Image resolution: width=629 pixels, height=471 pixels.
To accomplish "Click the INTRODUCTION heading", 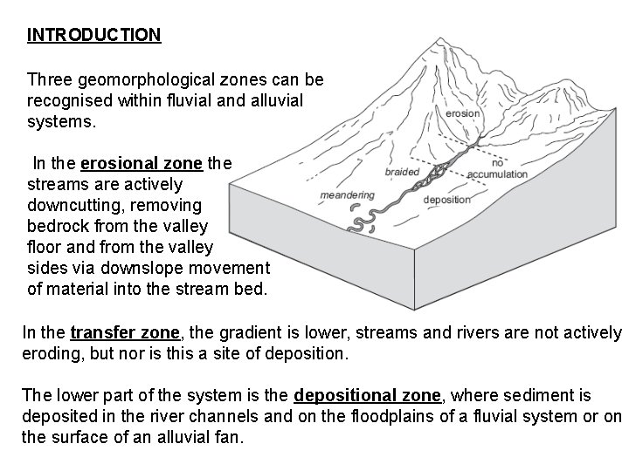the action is click(94, 35).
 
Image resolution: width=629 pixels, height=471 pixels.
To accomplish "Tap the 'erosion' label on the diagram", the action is click(463, 113).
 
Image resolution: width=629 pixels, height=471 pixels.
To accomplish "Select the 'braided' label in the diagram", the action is click(403, 172).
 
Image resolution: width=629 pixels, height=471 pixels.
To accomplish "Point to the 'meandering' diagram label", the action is click(348, 195).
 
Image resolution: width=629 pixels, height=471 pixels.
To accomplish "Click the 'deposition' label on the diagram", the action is click(446, 200).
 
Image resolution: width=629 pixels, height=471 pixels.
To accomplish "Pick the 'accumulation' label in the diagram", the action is click(497, 174).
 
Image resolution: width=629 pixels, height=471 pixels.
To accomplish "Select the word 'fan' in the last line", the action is click(230, 435).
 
